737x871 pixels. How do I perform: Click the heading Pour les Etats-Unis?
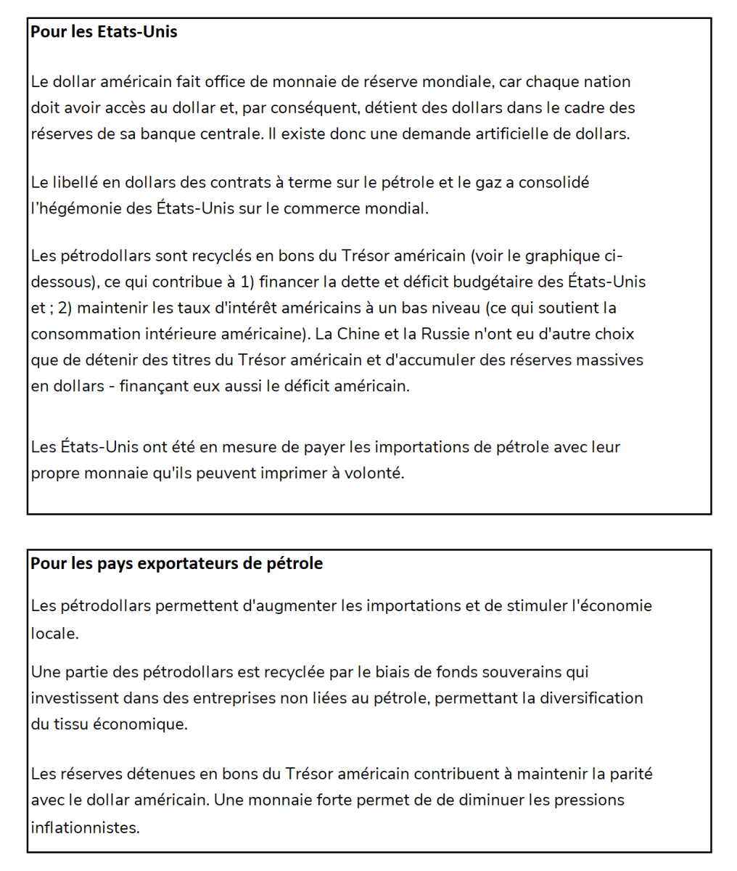[x=104, y=32]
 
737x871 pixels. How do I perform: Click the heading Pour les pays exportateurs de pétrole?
[x=176, y=563]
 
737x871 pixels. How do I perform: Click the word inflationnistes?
[x=85, y=827]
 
